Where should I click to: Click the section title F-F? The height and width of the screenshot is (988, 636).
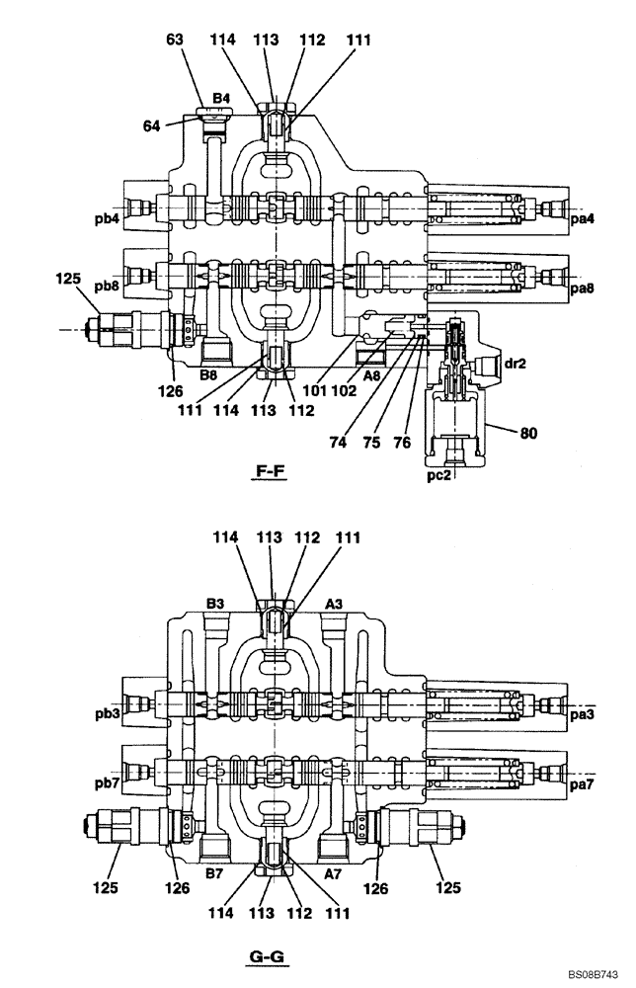(270, 471)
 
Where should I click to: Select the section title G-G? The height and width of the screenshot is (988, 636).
(270, 956)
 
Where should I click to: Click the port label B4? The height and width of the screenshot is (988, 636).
(221, 98)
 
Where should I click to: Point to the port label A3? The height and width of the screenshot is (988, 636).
(334, 602)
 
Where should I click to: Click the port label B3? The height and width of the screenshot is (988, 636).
(217, 602)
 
